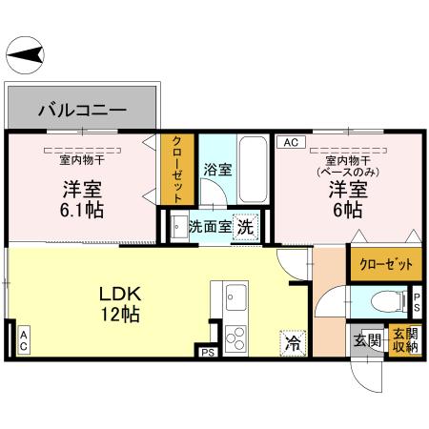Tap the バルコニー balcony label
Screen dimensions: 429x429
point(82,110)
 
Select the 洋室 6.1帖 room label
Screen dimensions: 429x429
point(79,196)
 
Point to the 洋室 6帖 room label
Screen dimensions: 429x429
point(344,196)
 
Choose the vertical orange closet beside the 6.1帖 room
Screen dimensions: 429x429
point(177,169)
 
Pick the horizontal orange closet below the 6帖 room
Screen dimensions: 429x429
point(379,263)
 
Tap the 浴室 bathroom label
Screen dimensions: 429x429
point(217,170)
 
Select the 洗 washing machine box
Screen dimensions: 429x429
point(246,227)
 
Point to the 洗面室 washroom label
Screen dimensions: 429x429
point(208,227)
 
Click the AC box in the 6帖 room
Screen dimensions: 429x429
point(290,142)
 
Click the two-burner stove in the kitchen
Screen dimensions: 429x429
point(235,337)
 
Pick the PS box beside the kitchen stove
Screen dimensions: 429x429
point(208,353)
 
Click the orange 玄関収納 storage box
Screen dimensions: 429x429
point(404,340)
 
